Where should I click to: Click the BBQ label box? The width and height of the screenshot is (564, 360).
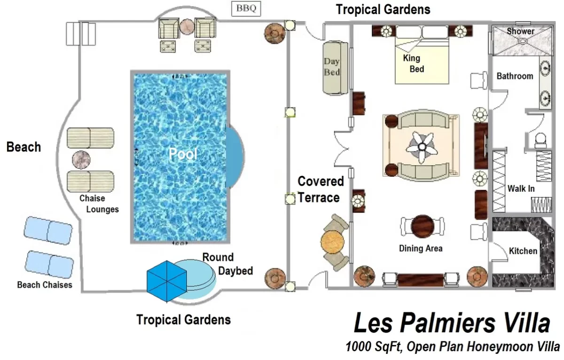tap(247, 8)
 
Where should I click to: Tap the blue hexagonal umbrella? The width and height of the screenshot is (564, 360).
tap(164, 281)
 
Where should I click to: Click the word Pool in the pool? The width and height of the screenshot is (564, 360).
tap(183, 154)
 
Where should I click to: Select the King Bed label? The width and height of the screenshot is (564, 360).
tap(413, 64)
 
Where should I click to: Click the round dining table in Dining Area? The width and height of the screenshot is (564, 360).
tap(421, 226)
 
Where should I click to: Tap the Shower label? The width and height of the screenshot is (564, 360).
tap(520, 31)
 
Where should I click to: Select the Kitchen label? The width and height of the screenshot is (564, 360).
tap(523, 251)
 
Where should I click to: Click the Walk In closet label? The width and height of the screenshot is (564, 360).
tap(521, 189)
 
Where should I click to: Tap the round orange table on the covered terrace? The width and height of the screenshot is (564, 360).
tap(333, 242)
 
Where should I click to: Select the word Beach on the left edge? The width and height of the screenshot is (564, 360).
tap(23, 147)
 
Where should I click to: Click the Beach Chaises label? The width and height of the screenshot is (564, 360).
tap(45, 285)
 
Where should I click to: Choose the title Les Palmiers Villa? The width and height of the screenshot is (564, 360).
tap(451, 324)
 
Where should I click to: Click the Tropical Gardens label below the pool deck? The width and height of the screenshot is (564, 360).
tap(183, 320)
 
